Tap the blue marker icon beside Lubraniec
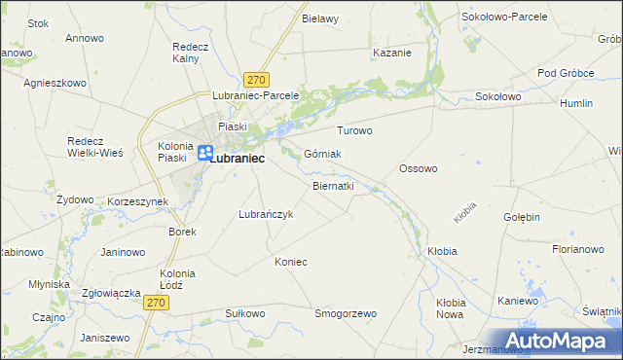[x=205, y=153]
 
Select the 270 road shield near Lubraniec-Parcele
[x=257, y=80]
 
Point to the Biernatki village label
[x=333, y=185]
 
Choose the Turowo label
[x=354, y=129]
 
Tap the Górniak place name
[x=322, y=154]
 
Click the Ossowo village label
[x=418, y=168]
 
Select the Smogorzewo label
[x=345, y=313]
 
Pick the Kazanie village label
[x=391, y=53]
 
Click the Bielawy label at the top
[x=320, y=18]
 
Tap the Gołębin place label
[x=522, y=217]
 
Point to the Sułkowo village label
[x=244, y=313]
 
